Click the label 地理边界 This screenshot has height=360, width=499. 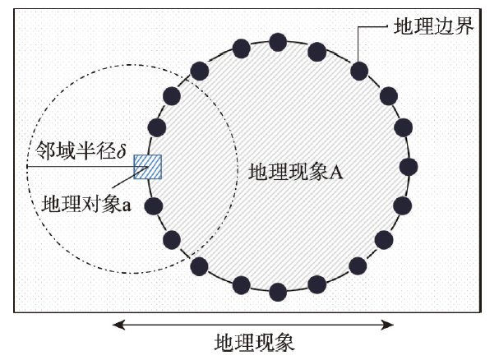[x=431, y=27]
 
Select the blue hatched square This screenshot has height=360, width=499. [x=148, y=167]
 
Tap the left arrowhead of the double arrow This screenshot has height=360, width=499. [x=118, y=325]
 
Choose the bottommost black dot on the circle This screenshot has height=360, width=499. [x=278, y=291]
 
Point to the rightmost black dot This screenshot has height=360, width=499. [x=409, y=167]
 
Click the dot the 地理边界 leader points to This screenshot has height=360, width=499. [x=358, y=70]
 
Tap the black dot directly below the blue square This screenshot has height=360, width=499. [x=153, y=206]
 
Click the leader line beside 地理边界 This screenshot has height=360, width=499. [x=373, y=28]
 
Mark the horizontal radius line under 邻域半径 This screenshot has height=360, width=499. [x=82, y=167]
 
